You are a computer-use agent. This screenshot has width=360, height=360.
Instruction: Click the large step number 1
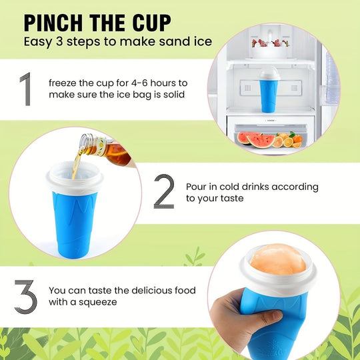pos(25,90)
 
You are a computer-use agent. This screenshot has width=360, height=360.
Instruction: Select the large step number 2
pos(164,193)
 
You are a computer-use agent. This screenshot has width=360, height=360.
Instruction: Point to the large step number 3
pos(25,297)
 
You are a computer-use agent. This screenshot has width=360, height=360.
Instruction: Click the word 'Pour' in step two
pos(198,187)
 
